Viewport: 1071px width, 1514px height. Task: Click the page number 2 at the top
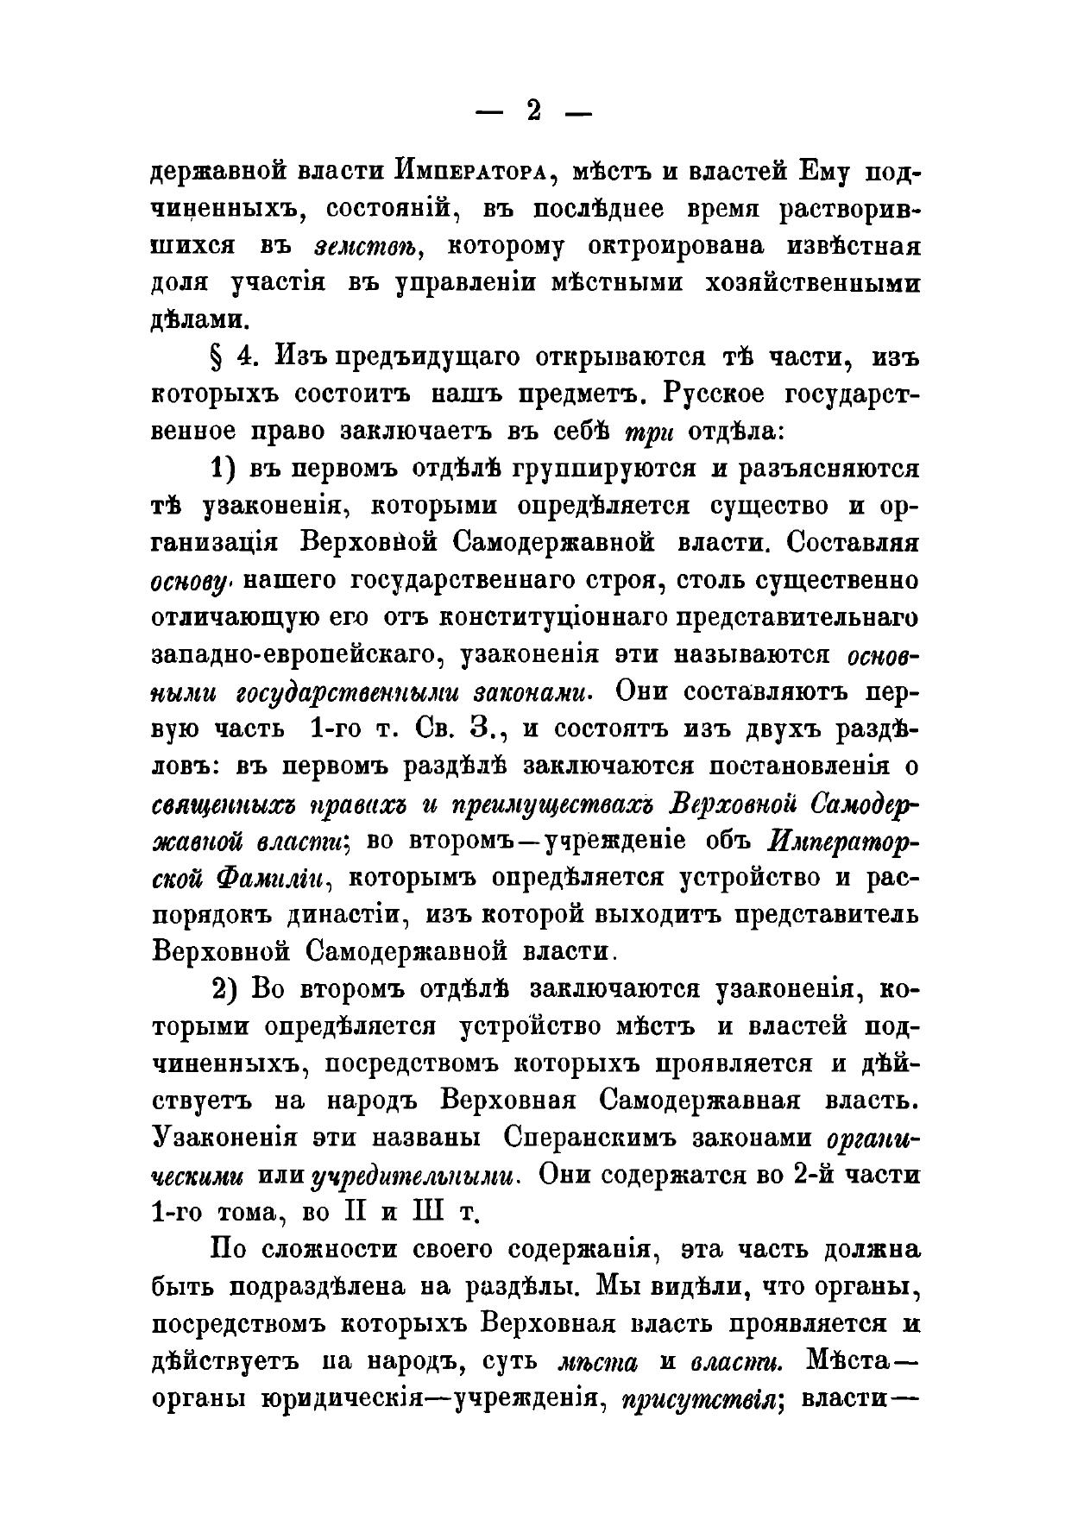point(533,111)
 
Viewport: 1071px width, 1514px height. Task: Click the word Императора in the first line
point(469,172)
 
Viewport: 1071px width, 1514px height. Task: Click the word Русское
point(715,394)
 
